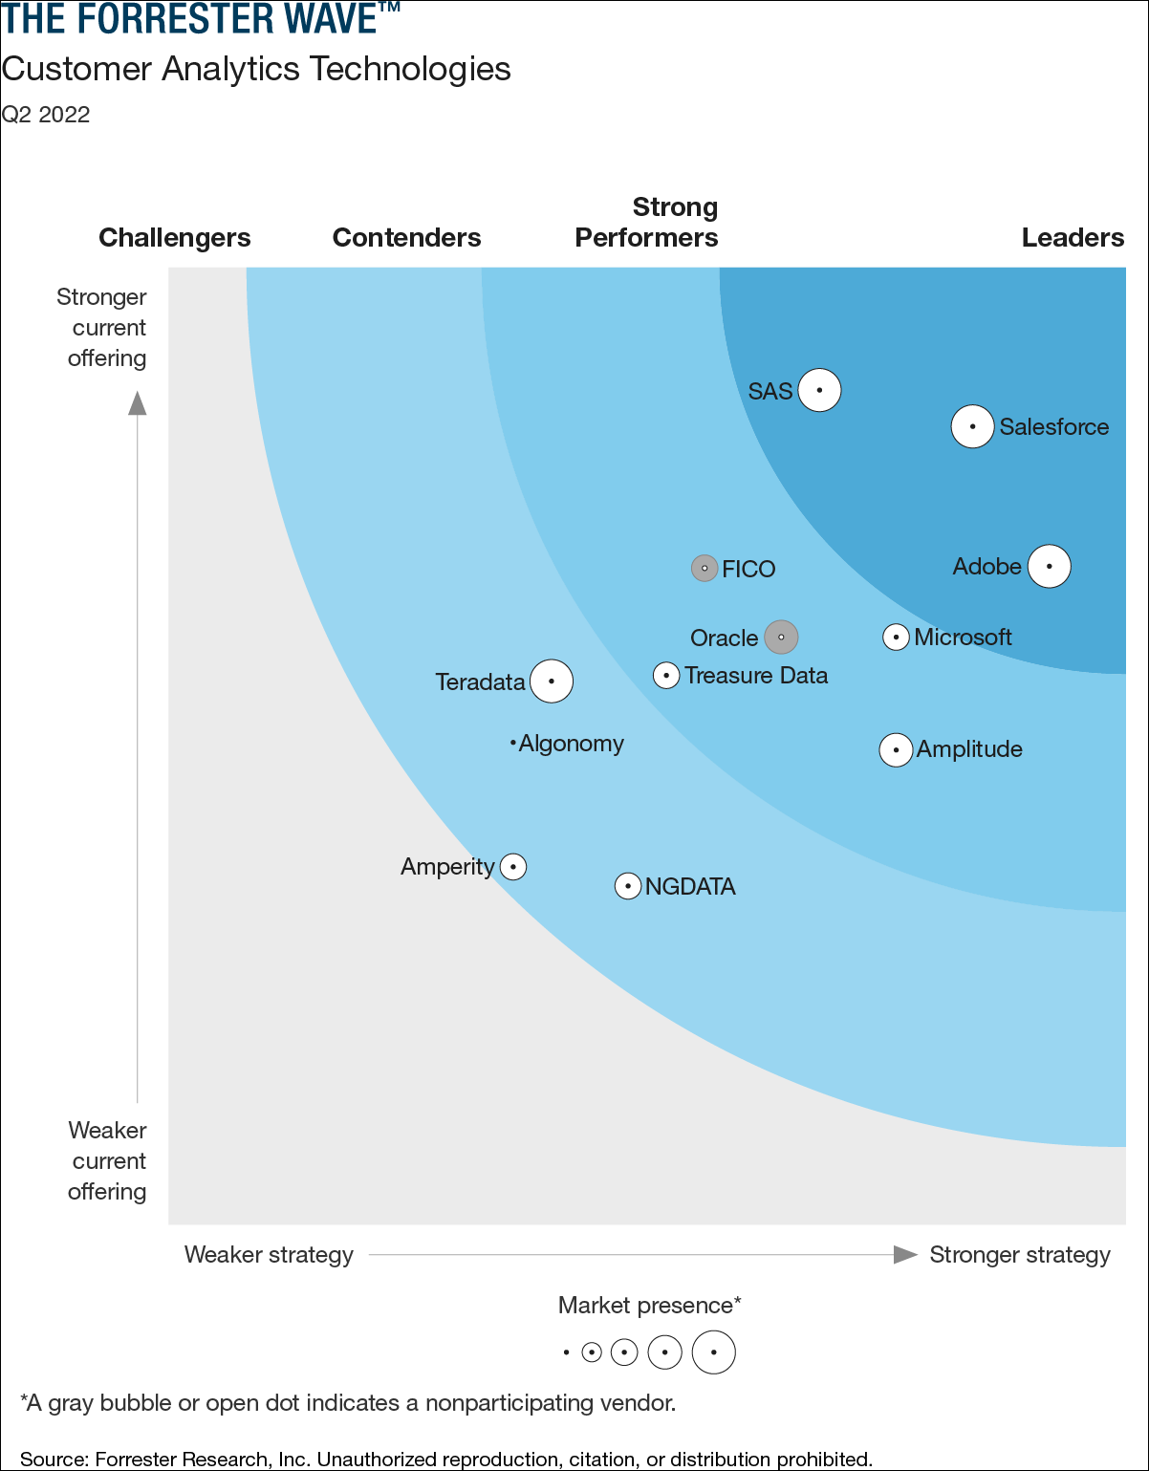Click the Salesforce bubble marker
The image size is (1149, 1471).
(972, 426)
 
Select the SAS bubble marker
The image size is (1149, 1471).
(819, 390)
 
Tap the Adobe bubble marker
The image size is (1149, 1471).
(1049, 567)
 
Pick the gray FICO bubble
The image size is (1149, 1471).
(705, 569)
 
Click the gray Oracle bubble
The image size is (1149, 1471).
(781, 638)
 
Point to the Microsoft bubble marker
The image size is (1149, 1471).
(896, 637)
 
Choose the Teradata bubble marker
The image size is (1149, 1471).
(552, 681)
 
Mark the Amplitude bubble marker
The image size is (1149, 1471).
(896, 750)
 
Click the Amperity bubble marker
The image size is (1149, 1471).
(513, 867)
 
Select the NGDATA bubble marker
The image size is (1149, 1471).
(627, 886)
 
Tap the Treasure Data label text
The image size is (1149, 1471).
(756, 676)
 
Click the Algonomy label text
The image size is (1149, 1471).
(571, 744)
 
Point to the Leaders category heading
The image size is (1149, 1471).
(1073, 238)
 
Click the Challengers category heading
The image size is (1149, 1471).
(175, 238)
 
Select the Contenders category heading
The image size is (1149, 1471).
(406, 238)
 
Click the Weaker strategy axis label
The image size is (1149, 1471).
(269, 1255)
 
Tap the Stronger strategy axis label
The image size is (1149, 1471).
(1020, 1255)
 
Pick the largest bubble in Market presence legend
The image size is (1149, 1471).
(713, 1352)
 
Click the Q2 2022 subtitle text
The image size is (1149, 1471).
(46, 115)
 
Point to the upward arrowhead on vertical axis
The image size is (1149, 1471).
(138, 403)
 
